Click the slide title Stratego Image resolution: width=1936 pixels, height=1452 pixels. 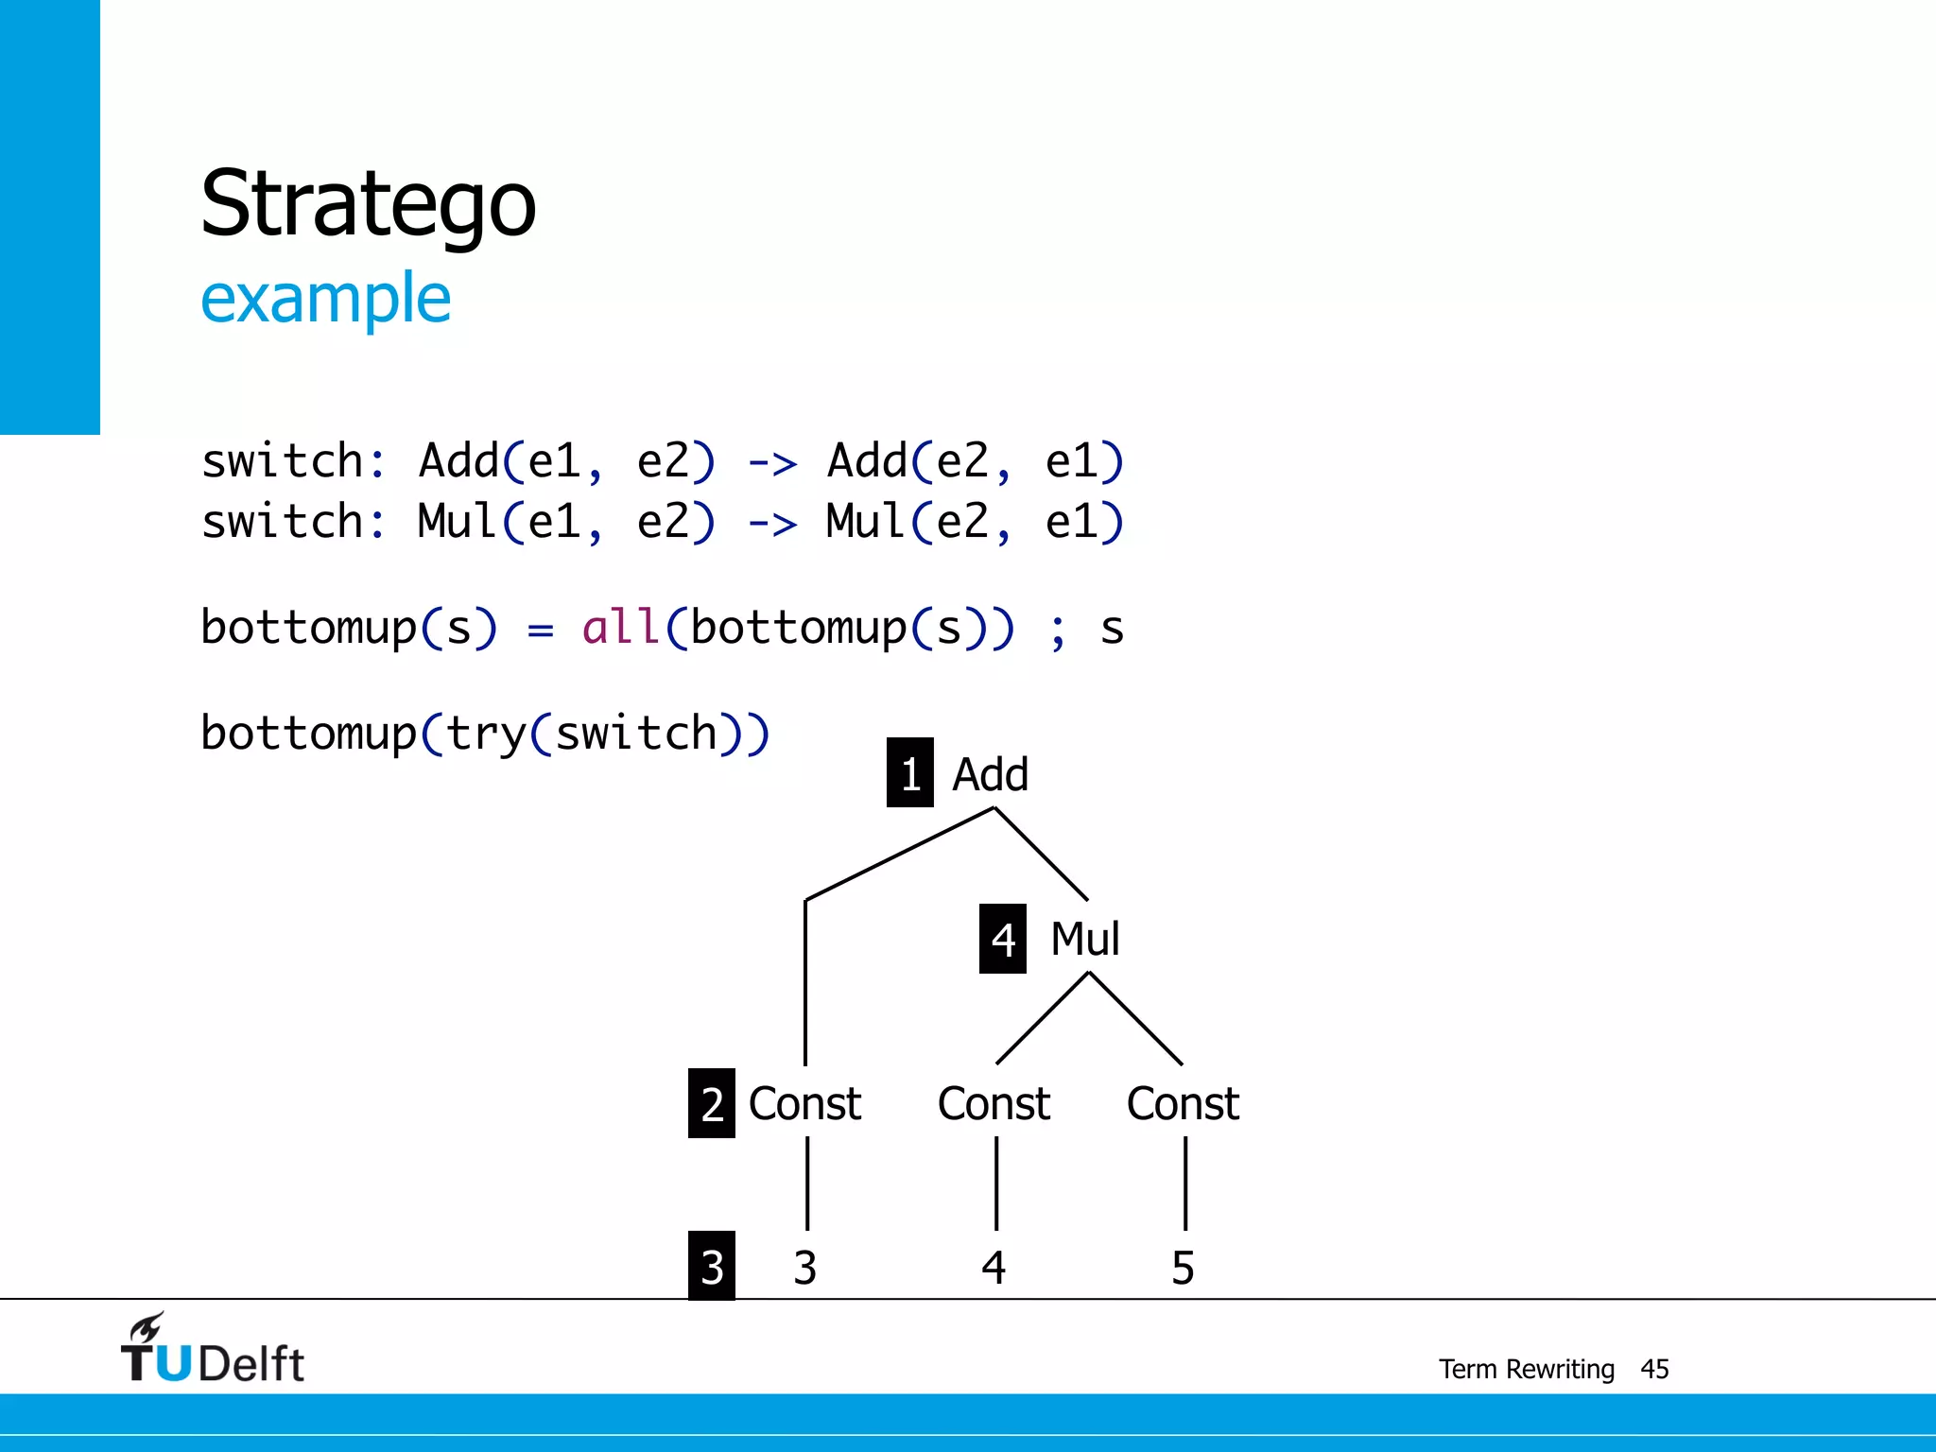[x=368, y=204]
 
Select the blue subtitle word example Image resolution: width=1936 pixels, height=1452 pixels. [x=325, y=298]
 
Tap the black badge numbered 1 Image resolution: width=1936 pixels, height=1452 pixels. [x=909, y=773]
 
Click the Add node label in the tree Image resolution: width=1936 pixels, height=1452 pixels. [x=990, y=774]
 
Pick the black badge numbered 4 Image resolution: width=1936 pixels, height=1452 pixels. [x=1002, y=939]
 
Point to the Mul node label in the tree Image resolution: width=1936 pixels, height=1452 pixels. [x=1085, y=939]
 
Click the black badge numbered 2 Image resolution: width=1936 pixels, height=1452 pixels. [x=712, y=1103]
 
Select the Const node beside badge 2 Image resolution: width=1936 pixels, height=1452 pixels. [x=804, y=1103]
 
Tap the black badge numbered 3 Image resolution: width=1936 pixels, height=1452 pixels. [x=712, y=1267]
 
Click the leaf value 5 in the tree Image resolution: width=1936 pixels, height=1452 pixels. [x=1183, y=1268]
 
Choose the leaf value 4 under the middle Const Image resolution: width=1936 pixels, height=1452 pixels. [x=994, y=1268]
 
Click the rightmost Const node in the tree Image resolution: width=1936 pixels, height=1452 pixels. [x=1183, y=1103]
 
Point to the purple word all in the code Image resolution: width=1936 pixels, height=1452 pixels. [x=620, y=628]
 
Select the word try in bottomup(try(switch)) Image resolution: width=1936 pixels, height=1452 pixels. [x=485, y=734]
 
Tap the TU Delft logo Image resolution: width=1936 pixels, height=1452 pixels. [x=213, y=1350]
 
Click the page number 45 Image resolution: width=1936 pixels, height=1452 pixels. [x=1654, y=1369]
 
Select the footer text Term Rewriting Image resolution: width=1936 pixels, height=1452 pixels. [x=1526, y=1369]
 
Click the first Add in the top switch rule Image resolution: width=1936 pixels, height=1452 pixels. [x=458, y=461]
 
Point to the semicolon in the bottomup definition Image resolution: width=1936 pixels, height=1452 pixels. [x=1058, y=631]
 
